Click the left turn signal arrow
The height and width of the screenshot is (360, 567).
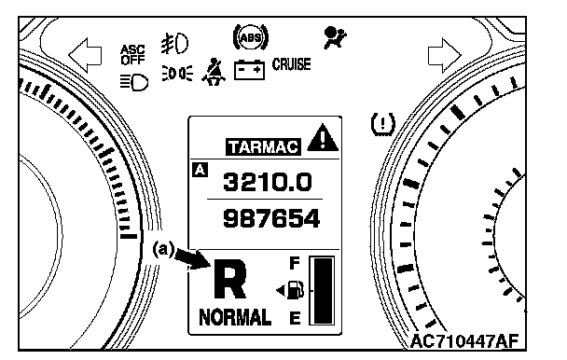(x=86, y=56)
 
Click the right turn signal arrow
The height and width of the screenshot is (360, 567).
(x=445, y=56)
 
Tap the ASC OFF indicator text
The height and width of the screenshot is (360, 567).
(x=132, y=55)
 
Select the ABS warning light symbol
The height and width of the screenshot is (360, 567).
(x=251, y=37)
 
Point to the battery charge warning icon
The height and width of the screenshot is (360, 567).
(x=249, y=70)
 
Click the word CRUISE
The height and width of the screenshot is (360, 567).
(x=292, y=64)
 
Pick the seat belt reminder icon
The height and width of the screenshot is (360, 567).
(x=214, y=72)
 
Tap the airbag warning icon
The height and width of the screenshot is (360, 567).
(x=335, y=37)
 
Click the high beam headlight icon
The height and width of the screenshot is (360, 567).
(x=134, y=82)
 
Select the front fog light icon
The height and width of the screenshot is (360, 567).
(x=174, y=44)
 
